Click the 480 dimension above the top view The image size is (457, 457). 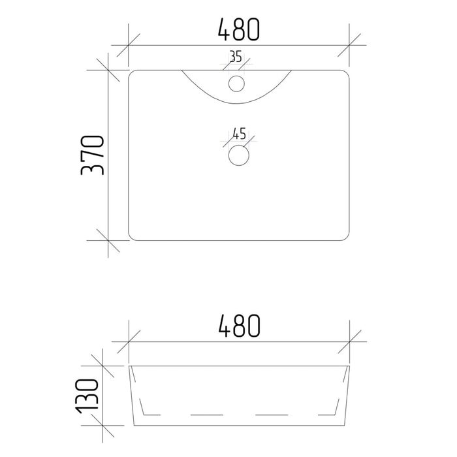pos(239,29)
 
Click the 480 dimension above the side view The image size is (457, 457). pos(239,326)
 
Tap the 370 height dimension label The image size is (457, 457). pos(92,155)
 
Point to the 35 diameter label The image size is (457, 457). pos(236,57)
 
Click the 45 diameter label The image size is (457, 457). pos(240,134)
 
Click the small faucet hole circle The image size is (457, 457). pos(236,84)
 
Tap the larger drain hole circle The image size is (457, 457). pos(239,155)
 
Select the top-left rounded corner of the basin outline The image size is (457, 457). pos(131,72)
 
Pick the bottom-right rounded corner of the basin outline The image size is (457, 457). pos(347,239)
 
